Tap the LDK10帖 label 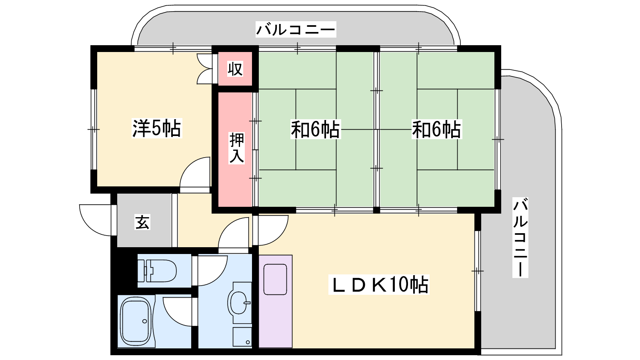[379, 284]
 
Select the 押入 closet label [236, 148]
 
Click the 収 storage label [235, 69]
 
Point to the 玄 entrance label [142, 222]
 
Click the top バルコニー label [296, 30]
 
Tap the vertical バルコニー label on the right [520, 238]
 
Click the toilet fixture [157, 270]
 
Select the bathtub [136, 321]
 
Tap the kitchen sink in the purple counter [275, 280]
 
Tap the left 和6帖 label [316, 129]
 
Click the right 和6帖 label [436, 130]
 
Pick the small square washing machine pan [242, 336]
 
